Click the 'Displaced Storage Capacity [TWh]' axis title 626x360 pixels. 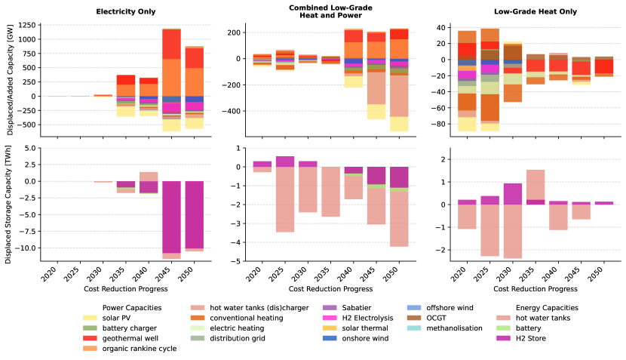pos(8,204)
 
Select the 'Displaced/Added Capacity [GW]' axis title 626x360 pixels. pos(8,80)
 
